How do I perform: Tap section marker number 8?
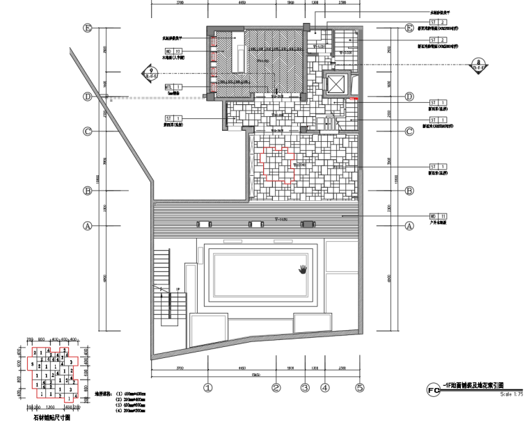point(477,65)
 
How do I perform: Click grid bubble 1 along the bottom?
point(207,388)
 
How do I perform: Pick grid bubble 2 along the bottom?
point(276,388)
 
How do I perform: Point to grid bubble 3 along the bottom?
point(304,388)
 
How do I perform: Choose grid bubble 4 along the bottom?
point(324,388)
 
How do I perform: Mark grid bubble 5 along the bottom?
point(360,388)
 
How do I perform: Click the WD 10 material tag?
point(173,51)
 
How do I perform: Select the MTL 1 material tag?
point(173,87)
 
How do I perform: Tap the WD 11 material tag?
point(437,217)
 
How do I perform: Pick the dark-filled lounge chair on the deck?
point(308,224)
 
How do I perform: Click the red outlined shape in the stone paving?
point(278,165)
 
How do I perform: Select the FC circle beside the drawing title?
point(432,388)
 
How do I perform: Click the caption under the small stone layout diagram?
point(52,418)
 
